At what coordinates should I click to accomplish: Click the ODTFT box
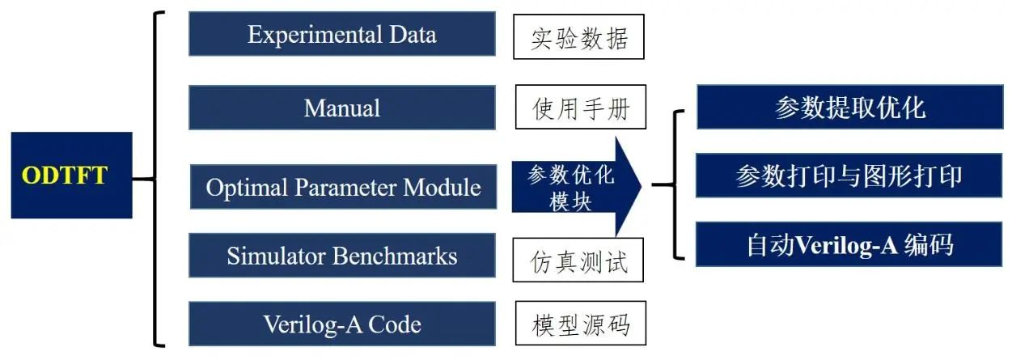[x=71, y=176]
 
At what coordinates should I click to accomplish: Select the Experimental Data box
[x=341, y=34]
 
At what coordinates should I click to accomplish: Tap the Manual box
[x=341, y=107]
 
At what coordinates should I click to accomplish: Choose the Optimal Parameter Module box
[x=343, y=187]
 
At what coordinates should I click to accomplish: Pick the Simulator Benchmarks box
[x=341, y=256]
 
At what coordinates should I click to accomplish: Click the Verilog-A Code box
[x=341, y=324]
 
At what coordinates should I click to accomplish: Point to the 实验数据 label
[x=578, y=37]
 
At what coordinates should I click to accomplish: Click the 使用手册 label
[x=580, y=107]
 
